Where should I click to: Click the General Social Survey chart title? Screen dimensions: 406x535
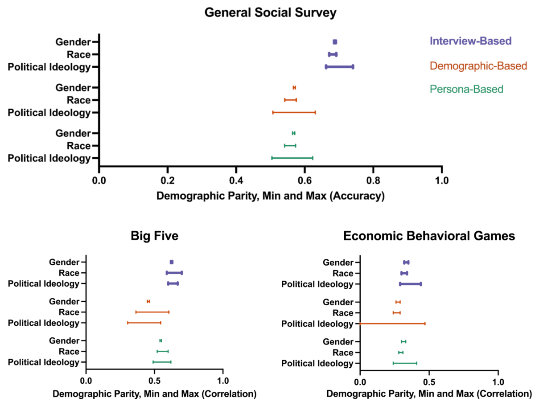270,12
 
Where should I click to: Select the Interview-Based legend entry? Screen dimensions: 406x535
470,41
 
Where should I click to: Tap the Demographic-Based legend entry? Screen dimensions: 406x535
478,66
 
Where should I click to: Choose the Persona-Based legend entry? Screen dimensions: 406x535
466,89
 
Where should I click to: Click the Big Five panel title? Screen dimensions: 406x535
154,236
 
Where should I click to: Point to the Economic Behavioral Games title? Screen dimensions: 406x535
429,236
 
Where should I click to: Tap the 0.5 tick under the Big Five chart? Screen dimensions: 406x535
154,381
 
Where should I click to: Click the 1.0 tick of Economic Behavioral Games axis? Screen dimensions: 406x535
498,381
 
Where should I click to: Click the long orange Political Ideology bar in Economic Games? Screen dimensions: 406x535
392,324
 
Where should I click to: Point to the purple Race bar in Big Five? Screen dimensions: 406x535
174,273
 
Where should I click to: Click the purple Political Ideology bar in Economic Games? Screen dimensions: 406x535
410,284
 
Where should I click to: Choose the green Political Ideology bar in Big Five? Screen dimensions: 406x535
162,362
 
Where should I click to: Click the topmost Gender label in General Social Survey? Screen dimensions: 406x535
73,42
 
